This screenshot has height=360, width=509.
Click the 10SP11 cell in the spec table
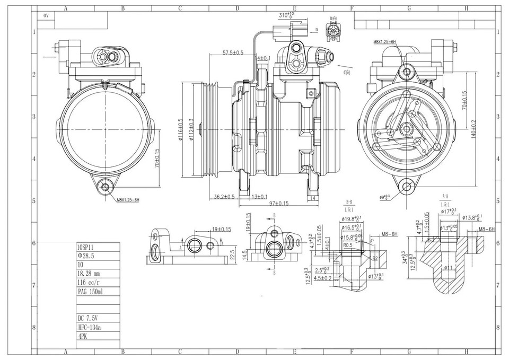click(86, 247)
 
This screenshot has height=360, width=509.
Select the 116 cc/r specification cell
click(90, 283)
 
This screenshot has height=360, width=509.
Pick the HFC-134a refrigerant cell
click(90, 328)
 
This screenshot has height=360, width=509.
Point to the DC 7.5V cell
click(88, 319)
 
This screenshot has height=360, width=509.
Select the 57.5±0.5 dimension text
click(233, 53)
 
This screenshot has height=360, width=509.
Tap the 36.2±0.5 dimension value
click(224, 197)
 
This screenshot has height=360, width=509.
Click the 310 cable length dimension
click(286, 15)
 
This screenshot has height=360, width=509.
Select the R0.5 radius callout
click(348, 245)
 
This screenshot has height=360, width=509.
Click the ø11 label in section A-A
click(448, 268)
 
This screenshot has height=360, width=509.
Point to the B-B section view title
click(349, 202)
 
